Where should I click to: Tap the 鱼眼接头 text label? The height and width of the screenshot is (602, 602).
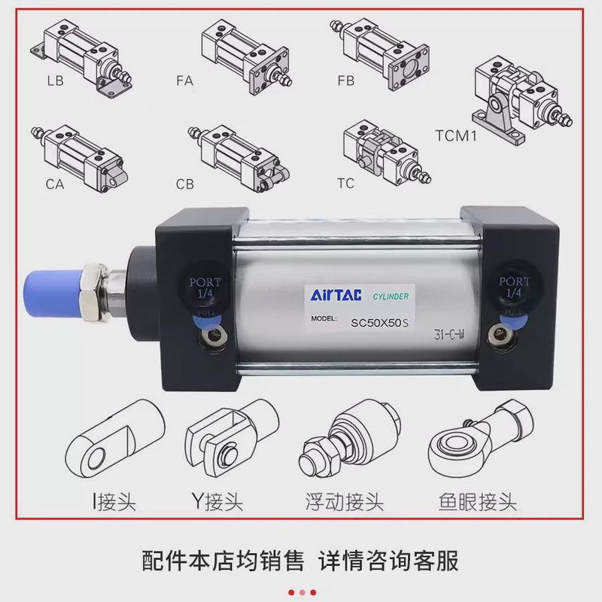coord(475,502)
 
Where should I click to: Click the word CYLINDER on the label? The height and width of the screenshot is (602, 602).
coord(391,296)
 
